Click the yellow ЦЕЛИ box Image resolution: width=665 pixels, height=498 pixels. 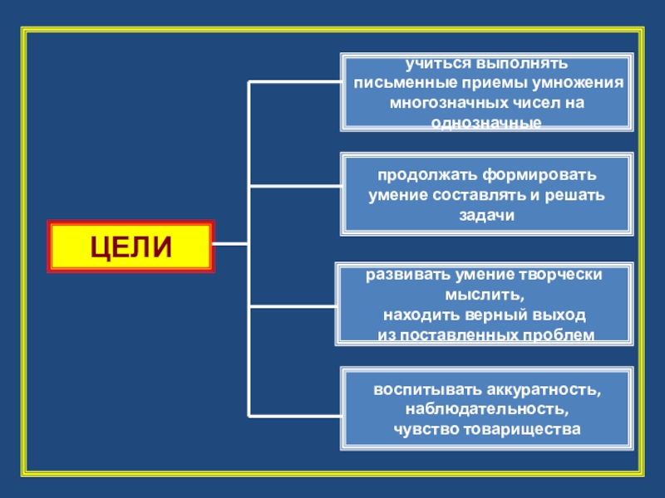(131, 247)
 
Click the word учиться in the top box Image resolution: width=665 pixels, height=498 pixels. (436, 64)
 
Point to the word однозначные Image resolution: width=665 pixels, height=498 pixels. (486, 122)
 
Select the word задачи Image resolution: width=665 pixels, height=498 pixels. (486, 214)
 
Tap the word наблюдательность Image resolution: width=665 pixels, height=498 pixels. (486, 409)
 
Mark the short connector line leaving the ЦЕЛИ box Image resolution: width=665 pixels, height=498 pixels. (231, 244)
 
